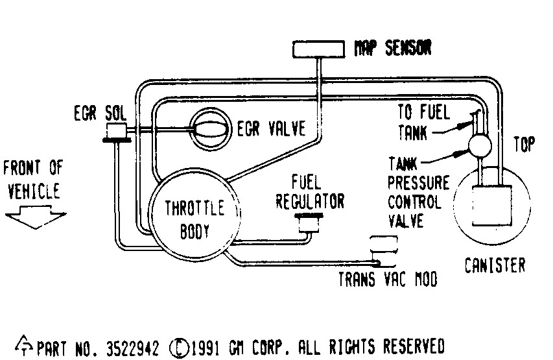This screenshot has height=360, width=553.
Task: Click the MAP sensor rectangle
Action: (x=318, y=49)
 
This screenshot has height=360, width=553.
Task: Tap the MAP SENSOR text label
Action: (x=392, y=49)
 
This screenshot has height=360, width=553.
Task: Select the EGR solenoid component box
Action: (x=116, y=132)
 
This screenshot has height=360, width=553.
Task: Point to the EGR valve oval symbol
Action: (x=208, y=127)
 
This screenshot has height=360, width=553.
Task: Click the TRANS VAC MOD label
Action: (x=388, y=280)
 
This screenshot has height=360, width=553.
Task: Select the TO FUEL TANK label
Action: (x=422, y=122)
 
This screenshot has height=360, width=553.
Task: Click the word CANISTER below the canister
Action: (x=495, y=265)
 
